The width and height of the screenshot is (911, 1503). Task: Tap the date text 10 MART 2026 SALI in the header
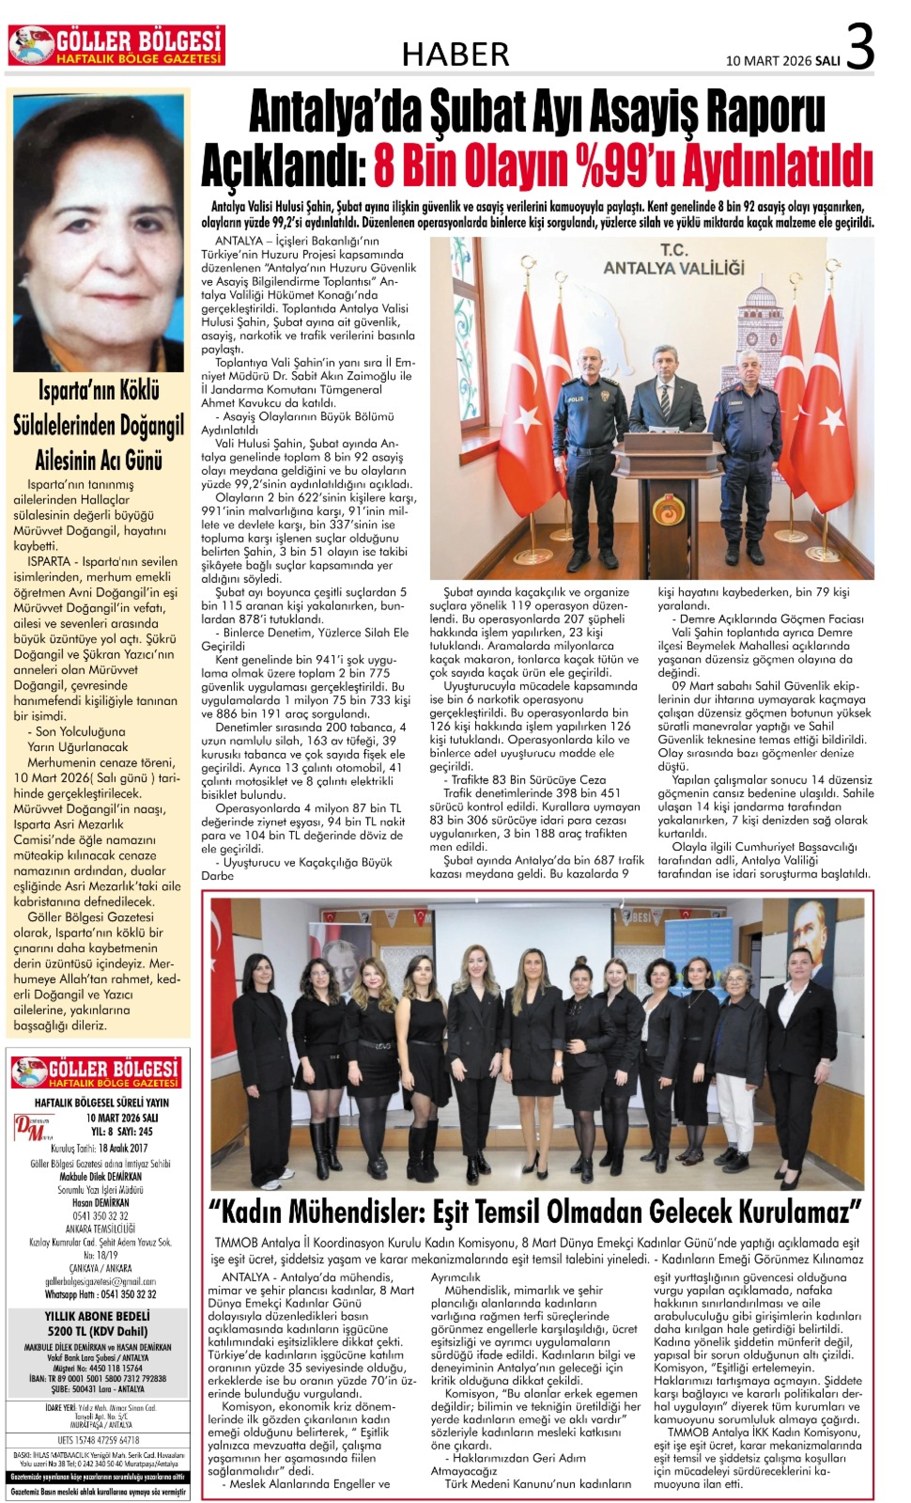click(x=783, y=61)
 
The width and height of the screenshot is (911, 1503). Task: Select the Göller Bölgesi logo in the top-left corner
click(x=116, y=45)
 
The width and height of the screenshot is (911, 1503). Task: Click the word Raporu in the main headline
click(x=765, y=112)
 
